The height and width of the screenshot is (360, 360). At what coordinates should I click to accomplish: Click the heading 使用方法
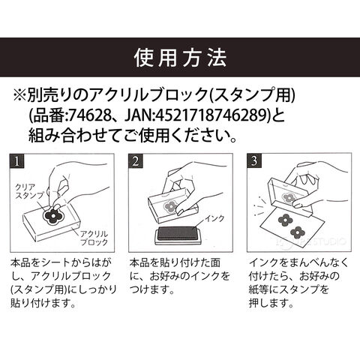[180, 58]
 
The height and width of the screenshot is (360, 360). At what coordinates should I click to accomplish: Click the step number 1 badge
[17, 161]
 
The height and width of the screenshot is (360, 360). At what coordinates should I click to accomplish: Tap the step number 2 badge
[135, 161]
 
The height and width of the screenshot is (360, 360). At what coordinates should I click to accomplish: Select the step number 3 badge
[253, 161]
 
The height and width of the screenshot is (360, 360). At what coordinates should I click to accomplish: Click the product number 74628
[90, 116]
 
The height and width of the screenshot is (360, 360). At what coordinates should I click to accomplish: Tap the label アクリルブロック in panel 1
[94, 238]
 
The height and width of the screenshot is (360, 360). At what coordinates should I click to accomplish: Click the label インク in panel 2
[214, 218]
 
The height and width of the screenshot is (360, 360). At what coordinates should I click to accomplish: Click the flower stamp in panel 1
[53, 214]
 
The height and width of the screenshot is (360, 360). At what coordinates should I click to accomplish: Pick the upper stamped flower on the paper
[285, 220]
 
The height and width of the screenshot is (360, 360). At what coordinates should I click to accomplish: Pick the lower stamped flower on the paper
[297, 232]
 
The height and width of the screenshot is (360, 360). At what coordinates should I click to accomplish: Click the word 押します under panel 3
[271, 303]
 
